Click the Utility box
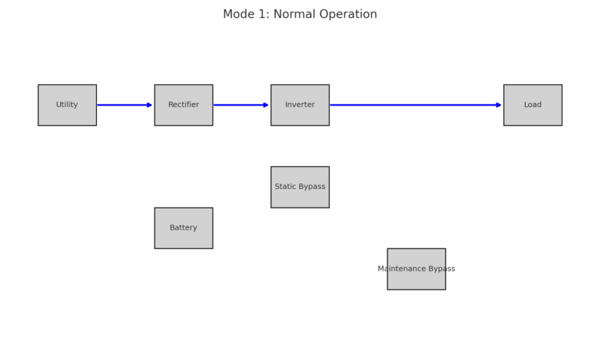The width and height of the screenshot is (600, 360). coord(67,105)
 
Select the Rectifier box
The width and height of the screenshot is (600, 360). coord(184,105)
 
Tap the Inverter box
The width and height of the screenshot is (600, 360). coord(300,105)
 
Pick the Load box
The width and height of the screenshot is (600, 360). coord(533,105)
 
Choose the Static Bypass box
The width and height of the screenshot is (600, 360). coord(300,187)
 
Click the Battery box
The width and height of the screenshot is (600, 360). coord(184,228)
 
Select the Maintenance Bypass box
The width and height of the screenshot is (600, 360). coord(416,269)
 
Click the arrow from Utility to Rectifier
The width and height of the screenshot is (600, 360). coord(125,105)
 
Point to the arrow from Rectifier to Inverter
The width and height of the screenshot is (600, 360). coord(241,105)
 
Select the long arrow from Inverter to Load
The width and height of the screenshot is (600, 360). coord(416,105)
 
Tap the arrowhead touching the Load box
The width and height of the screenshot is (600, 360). coord(499,105)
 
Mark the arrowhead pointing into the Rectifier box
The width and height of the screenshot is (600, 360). coord(150,105)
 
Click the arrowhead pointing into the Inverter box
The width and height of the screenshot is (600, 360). coord(266,105)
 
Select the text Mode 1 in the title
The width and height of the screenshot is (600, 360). coord(246,14)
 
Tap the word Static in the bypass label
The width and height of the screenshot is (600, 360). coord(284,187)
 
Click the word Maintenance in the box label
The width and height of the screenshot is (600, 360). coord(402,269)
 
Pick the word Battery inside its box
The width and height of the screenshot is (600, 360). coord(184,227)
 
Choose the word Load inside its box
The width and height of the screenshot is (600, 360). coord(533,105)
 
